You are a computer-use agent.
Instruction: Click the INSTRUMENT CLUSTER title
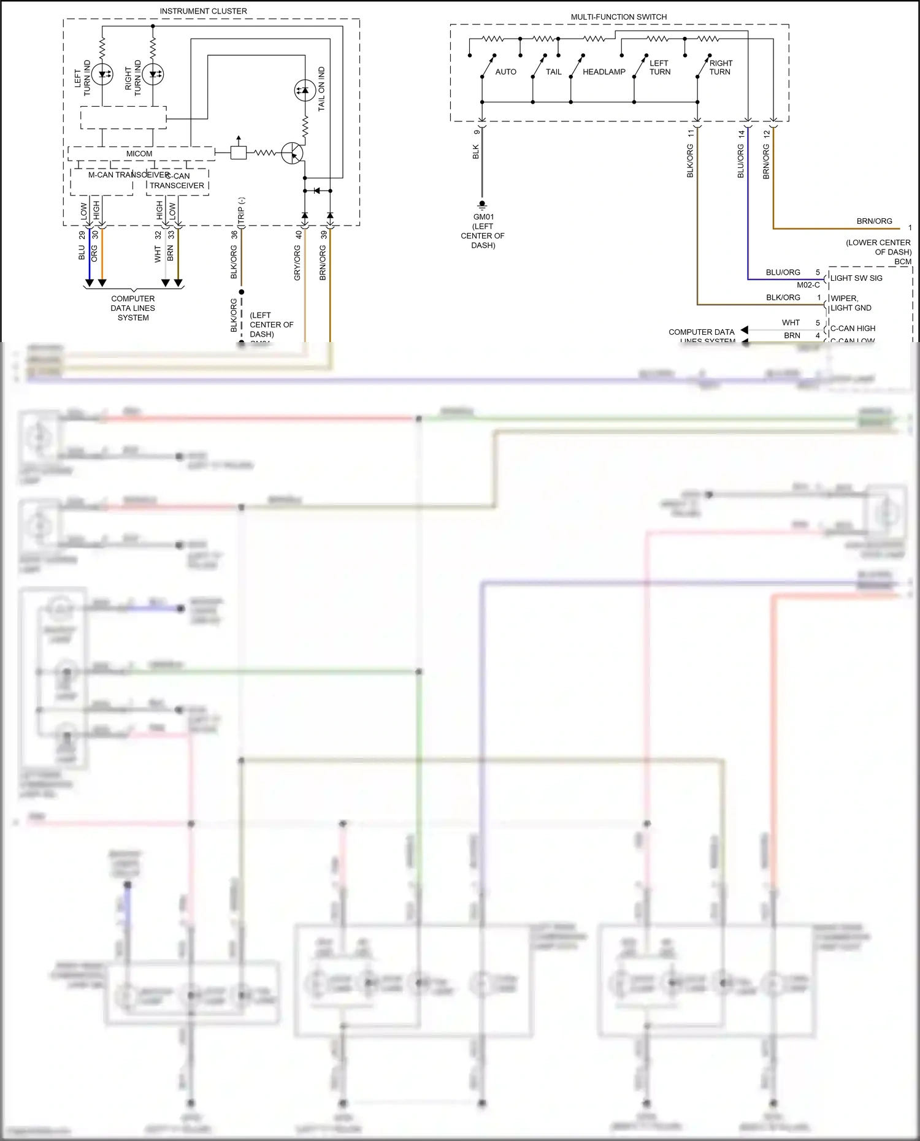(x=203, y=11)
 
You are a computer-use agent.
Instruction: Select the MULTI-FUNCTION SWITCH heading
(x=618, y=17)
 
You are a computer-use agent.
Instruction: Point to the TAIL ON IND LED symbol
(x=305, y=91)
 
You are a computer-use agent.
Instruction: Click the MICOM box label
(x=139, y=154)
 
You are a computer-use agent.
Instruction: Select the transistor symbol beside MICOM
(x=293, y=153)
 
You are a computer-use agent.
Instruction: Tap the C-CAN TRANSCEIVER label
(x=177, y=181)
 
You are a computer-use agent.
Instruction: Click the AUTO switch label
(x=505, y=72)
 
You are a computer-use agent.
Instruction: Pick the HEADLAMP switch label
(x=604, y=72)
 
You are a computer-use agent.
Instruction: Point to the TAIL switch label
(x=553, y=72)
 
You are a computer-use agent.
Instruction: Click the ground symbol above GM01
(x=482, y=205)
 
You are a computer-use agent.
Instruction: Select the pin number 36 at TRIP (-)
(x=234, y=234)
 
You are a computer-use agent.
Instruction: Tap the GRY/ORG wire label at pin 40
(x=297, y=263)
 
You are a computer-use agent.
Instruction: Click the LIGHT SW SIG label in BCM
(x=856, y=278)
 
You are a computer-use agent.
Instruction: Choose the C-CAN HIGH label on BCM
(x=853, y=328)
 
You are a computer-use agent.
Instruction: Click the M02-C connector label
(x=808, y=284)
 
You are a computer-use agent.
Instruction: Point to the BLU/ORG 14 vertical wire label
(x=740, y=161)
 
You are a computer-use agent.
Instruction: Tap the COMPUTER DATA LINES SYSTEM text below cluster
(x=133, y=308)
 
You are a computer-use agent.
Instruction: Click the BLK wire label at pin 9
(x=476, y=151)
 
